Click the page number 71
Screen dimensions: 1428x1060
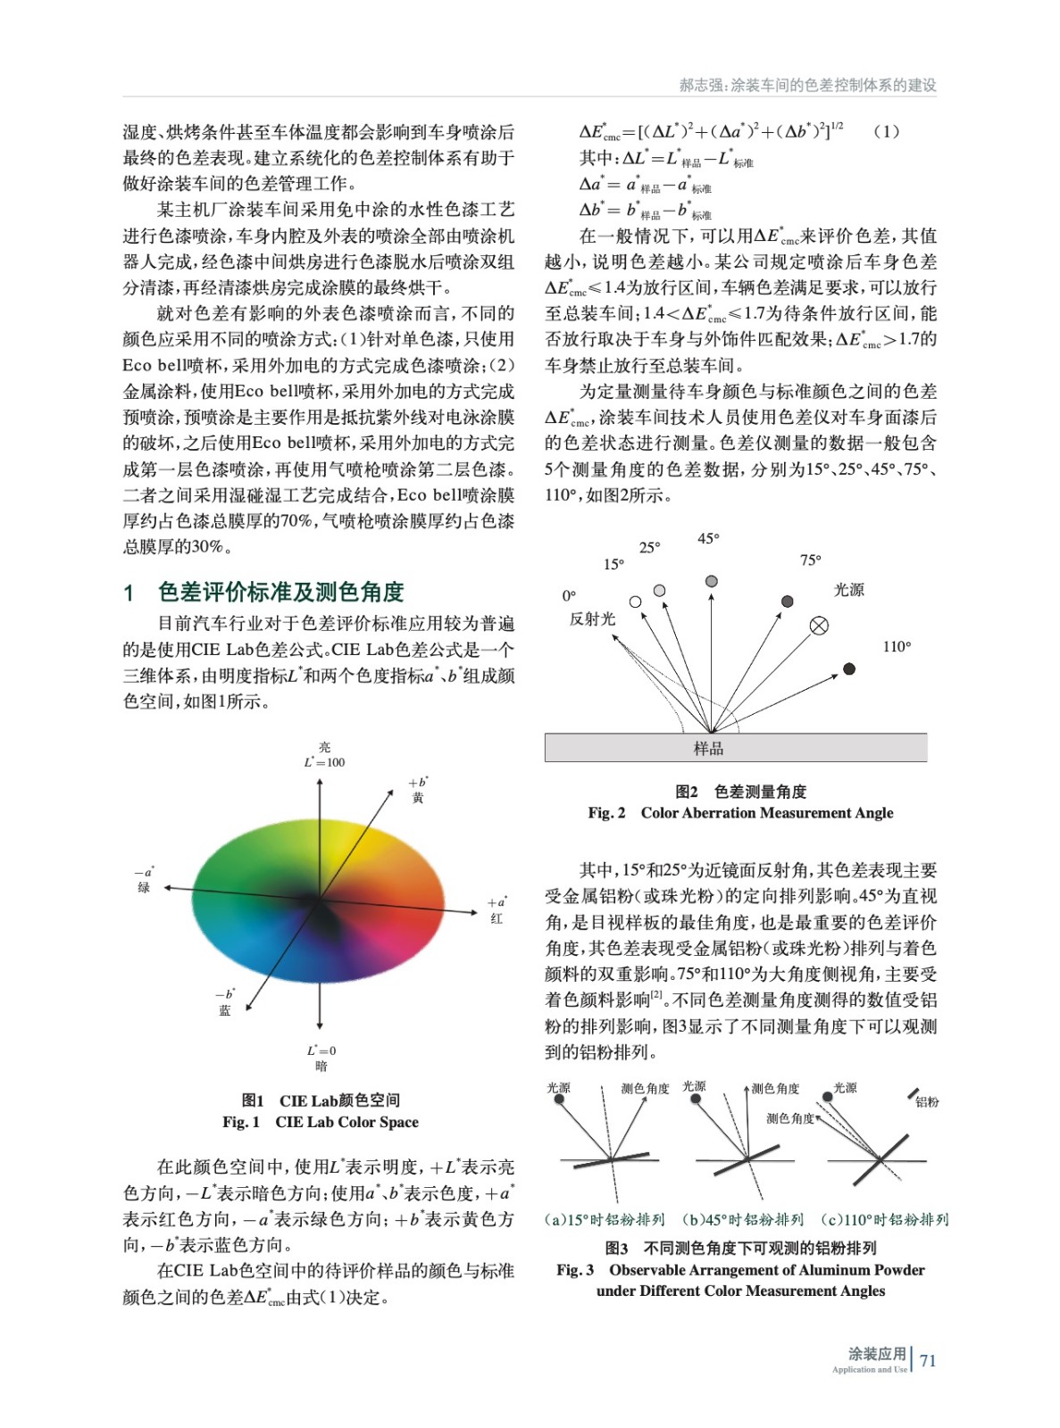[928, 1360]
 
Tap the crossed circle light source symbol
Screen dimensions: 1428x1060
[819, 626]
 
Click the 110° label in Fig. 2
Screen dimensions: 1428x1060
[897, 646]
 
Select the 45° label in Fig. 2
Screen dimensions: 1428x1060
[708, 538]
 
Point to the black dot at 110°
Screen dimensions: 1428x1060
[849, 668]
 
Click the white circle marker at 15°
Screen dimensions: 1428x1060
[635, 602]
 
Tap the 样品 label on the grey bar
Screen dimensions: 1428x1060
[708, 749]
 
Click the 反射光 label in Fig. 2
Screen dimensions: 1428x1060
[592, 619]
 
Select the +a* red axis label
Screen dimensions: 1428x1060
[497, 909]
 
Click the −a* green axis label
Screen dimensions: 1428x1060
[145, 879]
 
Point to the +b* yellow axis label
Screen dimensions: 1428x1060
[418, 790]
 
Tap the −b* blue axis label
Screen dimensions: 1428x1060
[225, 1001]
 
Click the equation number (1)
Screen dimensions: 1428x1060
[886, 131]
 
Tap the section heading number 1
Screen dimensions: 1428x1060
[129, 592]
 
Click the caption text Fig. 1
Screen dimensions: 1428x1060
[241, 1122]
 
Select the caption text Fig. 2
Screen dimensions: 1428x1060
[606, 812]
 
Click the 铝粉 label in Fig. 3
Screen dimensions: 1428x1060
[927, 1102]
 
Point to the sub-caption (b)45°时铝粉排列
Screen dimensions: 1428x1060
[743, 1219]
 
